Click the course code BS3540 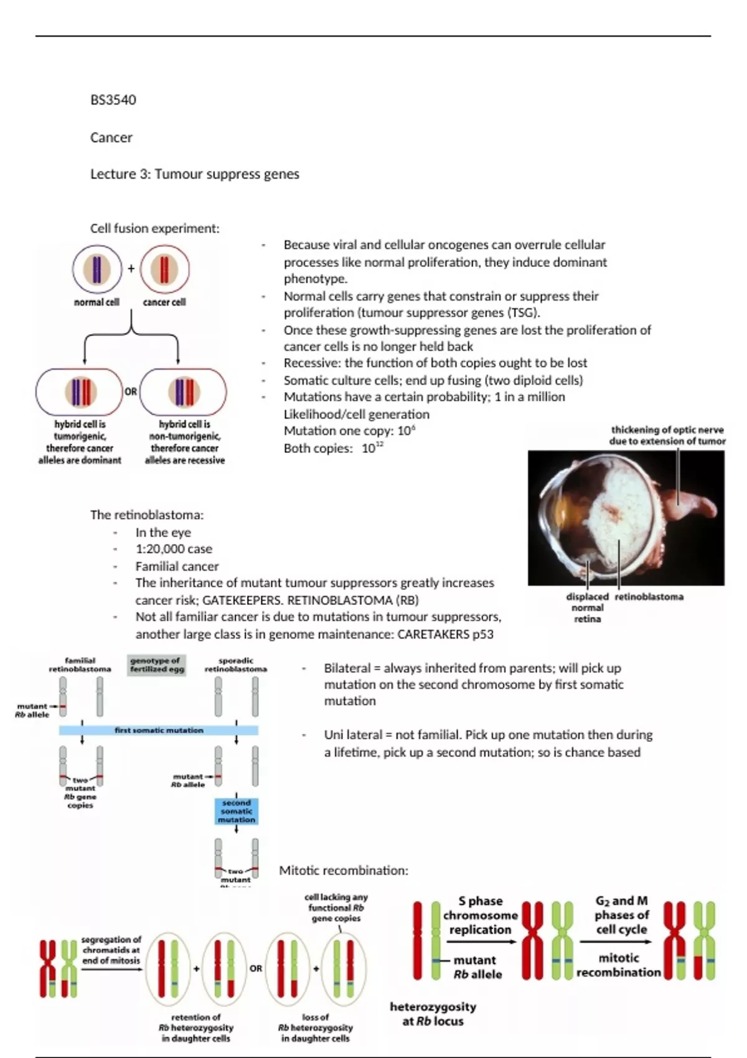click(x=113, y=100)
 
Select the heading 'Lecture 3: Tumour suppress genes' click(x=194, y=174)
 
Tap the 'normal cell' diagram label click(x=96, y=302)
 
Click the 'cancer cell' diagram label click(x=164, y=302)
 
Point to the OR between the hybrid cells click(x=131, y=391)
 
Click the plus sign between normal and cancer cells click(x=131, y=269)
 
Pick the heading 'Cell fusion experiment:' click(x=154, y=228)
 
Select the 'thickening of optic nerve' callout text click(x=667, y=435)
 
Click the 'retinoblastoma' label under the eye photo click(x=649, y=596)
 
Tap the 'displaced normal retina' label click(x=587, y=607)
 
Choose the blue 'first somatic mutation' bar click(x=159, y=730)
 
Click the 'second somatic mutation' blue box click(x=237, y=812)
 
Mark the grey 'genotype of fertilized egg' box click(x=157, y=665)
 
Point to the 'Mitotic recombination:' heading click(x=344, y=870)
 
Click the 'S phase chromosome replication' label click(x=480, y=915)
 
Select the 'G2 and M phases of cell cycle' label click(x=621, y=915)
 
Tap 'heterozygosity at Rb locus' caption click(x=433, y=1013)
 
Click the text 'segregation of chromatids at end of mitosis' click(x=111, y=950)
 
